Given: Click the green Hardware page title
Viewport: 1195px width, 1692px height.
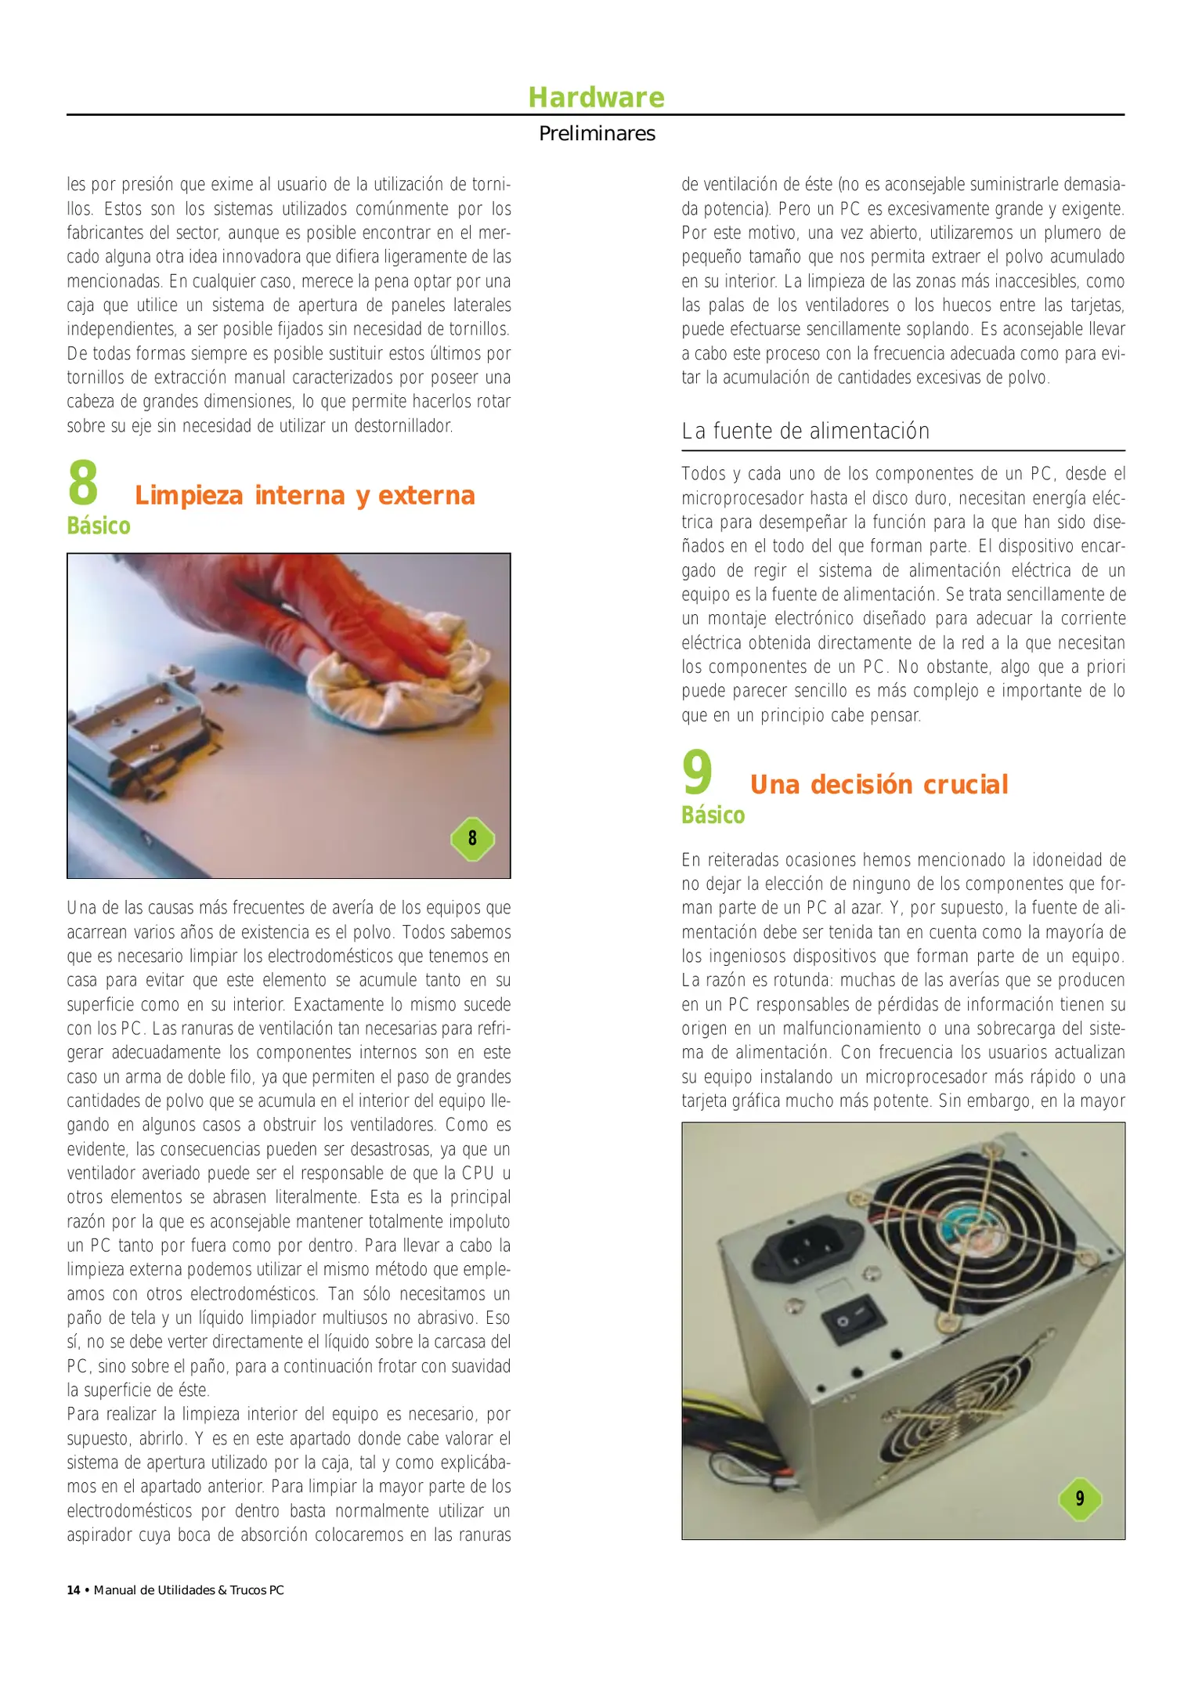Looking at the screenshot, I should [596, 97].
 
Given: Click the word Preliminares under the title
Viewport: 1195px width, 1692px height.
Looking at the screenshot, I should [597, 133].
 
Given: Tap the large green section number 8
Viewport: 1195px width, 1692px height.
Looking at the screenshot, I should [83, 484].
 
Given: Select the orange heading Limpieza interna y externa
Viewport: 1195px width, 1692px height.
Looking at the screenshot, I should [305, 495].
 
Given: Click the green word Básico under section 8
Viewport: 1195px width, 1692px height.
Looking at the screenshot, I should [99, 526].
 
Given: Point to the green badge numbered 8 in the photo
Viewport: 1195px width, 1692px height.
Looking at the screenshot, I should [472, 838].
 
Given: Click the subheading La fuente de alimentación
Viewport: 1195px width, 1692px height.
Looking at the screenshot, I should [805, 431].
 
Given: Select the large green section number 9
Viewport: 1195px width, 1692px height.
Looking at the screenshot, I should [697, 773].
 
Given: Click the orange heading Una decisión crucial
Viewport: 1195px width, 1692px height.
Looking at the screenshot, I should [879, 784].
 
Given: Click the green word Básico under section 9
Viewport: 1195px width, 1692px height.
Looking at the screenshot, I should [713, 815].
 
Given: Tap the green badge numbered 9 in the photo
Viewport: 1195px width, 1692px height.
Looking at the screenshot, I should [1080, 1499].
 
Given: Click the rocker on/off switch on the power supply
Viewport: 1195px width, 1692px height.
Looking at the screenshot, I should [853, 1318].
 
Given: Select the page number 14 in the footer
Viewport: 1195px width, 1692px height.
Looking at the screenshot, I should [74, 1590].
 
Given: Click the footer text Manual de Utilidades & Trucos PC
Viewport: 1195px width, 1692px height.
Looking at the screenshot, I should [189, 1590].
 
